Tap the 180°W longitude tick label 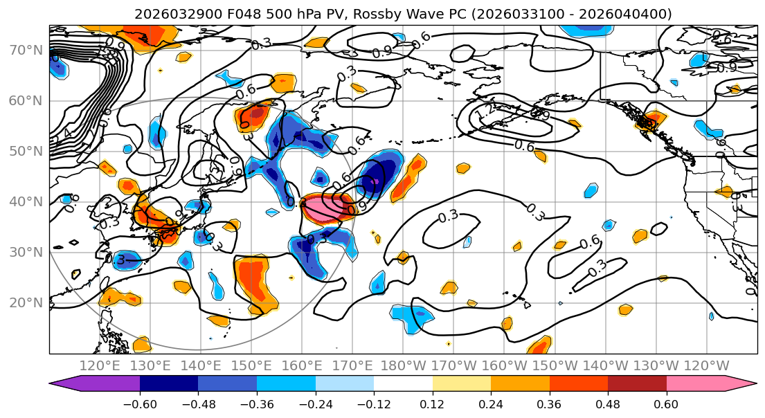(402, 365)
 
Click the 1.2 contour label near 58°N (489, 111)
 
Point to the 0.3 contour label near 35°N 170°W (448, 217)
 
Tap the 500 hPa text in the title (264, 14)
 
